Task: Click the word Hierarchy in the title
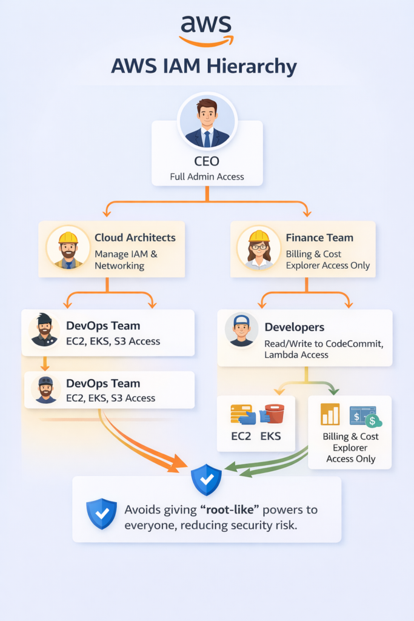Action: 248,66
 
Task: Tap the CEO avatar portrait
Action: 207,122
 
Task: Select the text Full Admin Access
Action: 207,176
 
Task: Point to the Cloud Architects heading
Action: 135,238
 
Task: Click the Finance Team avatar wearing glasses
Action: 259,248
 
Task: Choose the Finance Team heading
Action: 319,238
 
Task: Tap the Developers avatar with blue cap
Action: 241,330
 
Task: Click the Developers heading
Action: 295,327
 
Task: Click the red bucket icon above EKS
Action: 273,414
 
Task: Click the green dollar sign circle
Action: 373,420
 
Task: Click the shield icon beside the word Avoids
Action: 101,513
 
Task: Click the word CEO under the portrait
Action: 207,163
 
